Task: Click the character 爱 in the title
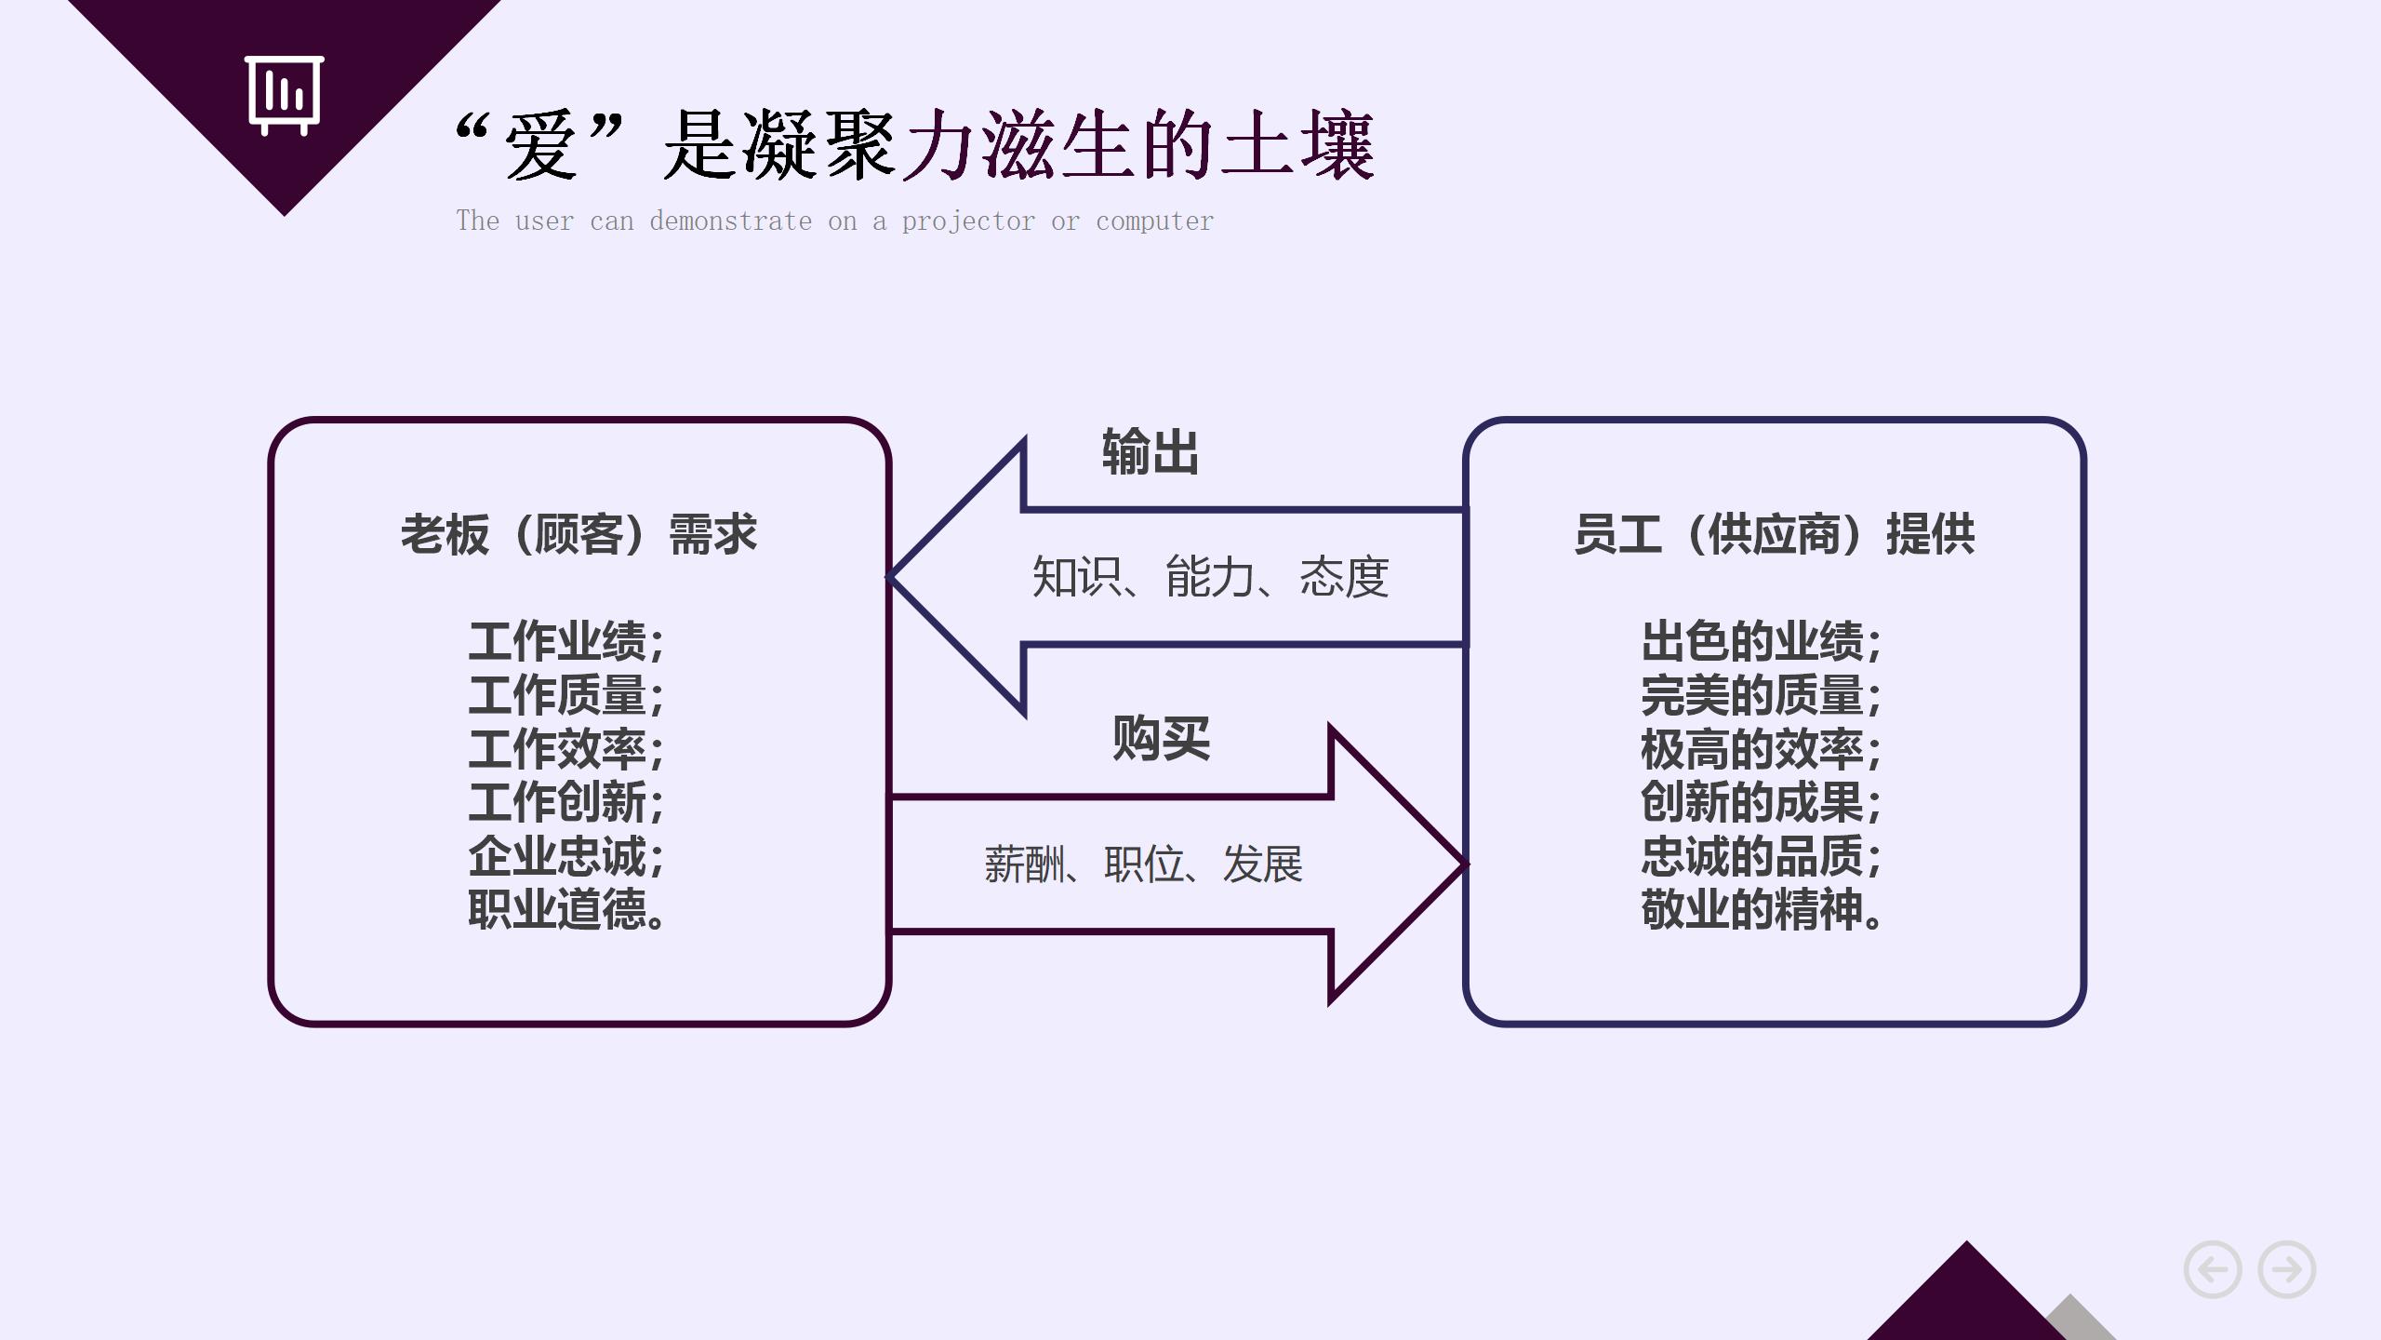point(539,146)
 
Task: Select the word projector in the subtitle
point(967,221)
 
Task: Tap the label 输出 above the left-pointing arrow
point(1150,452)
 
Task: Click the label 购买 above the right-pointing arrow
point(1161,739)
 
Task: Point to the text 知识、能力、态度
point(1210,577)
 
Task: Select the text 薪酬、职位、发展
point(1143,864)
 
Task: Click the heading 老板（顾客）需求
point(579,535)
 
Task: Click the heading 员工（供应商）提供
point(1774,535)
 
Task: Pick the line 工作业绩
point(565,641)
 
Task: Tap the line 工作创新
point(565,802)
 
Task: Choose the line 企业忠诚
point(565,856)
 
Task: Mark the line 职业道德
point(565,910)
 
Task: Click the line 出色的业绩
point(1761,641)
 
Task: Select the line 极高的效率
point(1761,749)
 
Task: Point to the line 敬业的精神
point(1761,910)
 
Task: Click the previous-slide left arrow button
point(2212,1269)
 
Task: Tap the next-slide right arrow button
point(2287,1269)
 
